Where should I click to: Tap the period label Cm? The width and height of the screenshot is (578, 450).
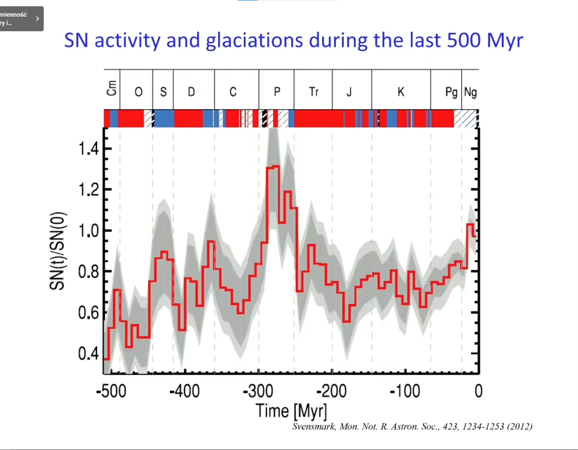pos(112,88)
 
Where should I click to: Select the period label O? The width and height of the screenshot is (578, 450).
pos(138,92)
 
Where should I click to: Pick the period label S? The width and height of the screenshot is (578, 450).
pos(164,92)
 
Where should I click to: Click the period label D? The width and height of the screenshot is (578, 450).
pos(191,92)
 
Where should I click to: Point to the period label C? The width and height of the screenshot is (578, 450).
pos(233,92)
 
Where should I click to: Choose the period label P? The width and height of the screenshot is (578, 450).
pos(277,92)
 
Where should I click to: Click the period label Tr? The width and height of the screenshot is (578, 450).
pos(314,92)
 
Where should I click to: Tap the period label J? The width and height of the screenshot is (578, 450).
pos(349,92)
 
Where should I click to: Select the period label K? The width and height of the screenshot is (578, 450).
pos(401,92)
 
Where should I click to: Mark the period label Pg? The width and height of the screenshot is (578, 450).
pos(451,92)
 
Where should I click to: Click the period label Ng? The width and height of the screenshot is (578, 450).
pos(470,92)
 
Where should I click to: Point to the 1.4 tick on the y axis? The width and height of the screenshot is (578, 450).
pos(91,149)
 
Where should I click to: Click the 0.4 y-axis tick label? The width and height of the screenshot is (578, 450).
pos(91,354)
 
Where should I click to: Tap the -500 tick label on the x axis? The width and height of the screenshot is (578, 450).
pos(110,391)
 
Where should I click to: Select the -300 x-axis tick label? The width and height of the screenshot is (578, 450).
pos(258,391)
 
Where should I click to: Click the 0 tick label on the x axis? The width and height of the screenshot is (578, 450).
pos(478,391)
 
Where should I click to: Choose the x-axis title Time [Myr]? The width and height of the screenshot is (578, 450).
pos(291,411)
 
